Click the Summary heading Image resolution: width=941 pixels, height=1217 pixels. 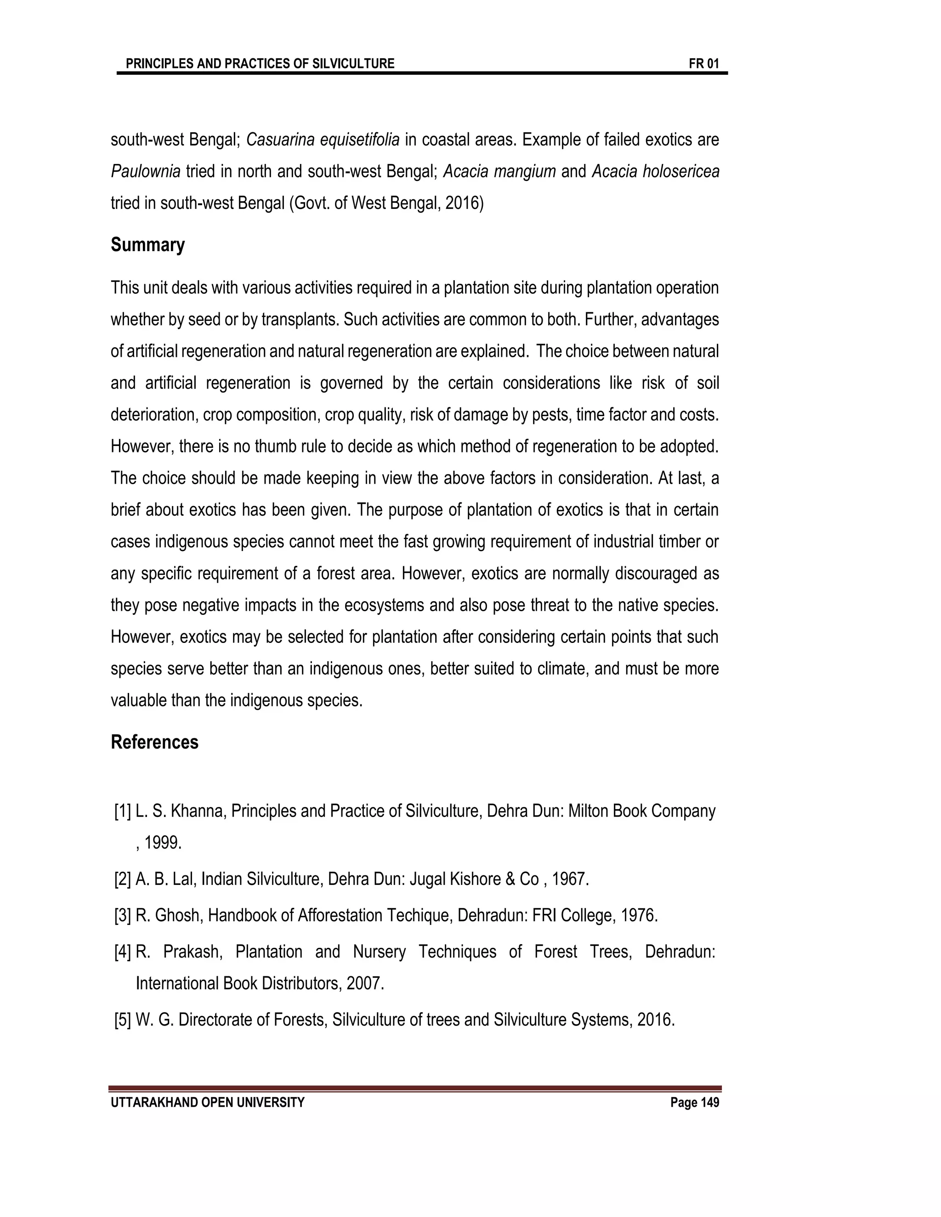(148, 245)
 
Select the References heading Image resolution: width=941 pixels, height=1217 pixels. (154, 742)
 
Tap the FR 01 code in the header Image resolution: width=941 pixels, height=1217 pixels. (703, 63)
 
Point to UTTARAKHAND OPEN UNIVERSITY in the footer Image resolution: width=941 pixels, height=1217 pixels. (207, 1102)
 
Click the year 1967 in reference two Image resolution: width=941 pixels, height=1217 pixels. (570, 879)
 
